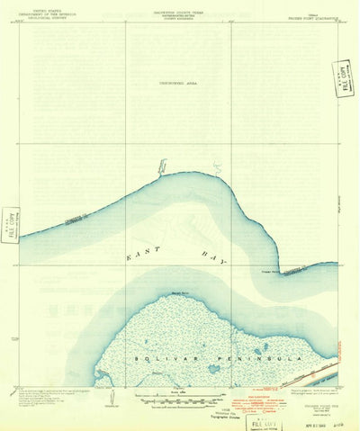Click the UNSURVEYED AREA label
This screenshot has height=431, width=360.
[x=178, y=82]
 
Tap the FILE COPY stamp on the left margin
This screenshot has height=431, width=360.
[x=10, y=224]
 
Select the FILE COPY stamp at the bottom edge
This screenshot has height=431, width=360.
[x=263, y=420]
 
